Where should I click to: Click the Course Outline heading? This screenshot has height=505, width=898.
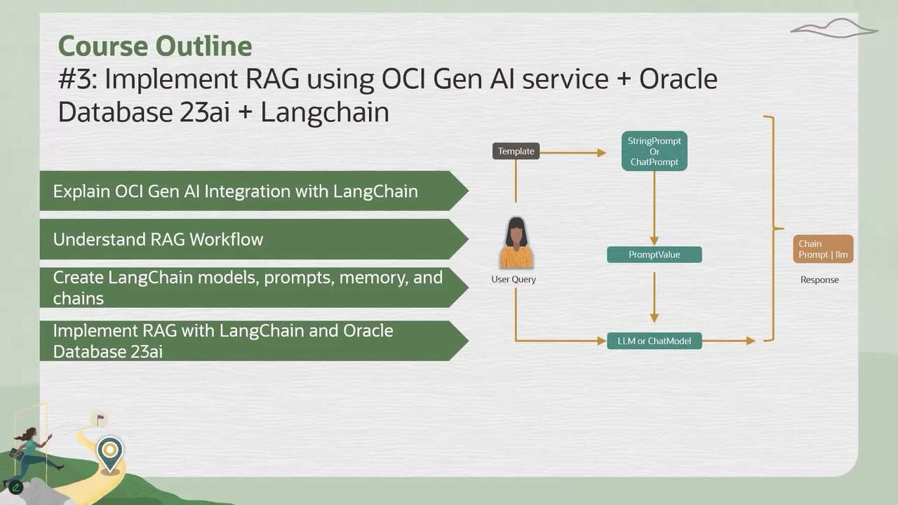click(155, 46)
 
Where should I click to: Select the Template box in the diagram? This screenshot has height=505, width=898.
click(516, 151)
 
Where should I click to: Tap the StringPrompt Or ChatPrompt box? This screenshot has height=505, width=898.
click(654, 151)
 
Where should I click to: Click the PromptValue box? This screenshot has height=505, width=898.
click(654, 255)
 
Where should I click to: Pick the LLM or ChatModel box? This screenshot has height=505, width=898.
click(654, 341)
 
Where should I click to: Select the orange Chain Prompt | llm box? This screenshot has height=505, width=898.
click(823, 249)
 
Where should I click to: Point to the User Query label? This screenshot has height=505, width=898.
click(514, 279)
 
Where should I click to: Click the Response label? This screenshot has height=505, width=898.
click(819, 280)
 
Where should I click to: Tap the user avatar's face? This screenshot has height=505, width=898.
click(516, 234)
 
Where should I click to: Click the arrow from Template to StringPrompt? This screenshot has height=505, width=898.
click(572, 151)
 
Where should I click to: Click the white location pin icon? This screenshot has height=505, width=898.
click(109, 452)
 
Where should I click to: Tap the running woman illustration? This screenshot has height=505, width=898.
click(31, 453)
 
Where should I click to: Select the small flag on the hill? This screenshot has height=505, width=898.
click(100, 419)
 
